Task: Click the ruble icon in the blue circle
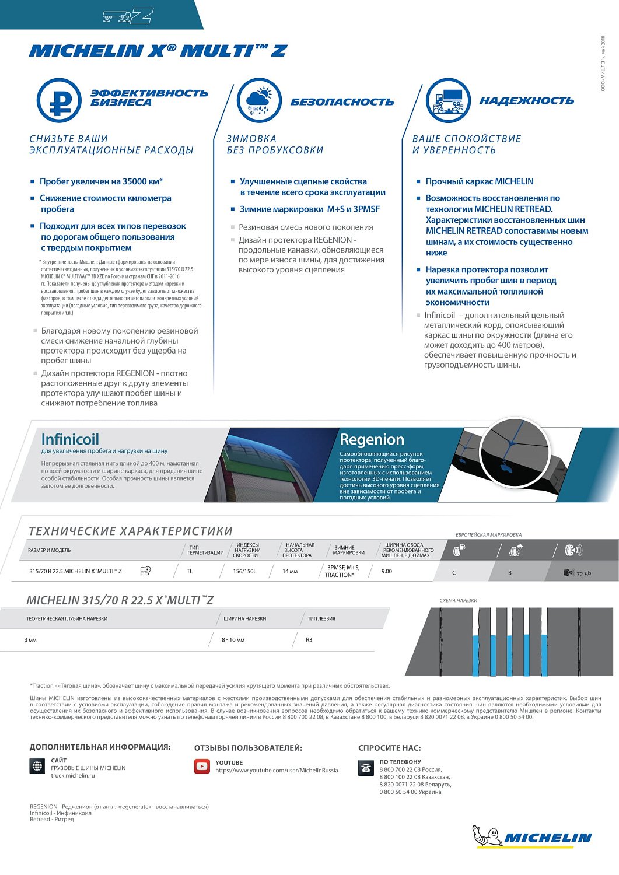tap(59, 101)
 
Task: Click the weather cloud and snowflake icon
tap(259, 101)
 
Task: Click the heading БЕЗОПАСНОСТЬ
tap(342, 102)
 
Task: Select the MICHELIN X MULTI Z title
tap(158, 51)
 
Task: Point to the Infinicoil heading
tap(70, 439)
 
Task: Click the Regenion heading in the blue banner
tap(372, 439)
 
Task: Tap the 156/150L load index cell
tap(244, 571)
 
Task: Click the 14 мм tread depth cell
tap(290, 571)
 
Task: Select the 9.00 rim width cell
tap(387, 571)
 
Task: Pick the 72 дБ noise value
tap(583, 573)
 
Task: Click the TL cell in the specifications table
tap(190, 571)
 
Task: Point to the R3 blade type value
tap(309, 640)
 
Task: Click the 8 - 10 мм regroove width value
tap(233, 640)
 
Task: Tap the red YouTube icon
tap(202, 766)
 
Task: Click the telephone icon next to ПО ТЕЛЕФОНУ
tap(366, 768)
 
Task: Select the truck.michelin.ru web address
tap(73, 776)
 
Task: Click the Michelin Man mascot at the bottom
tap(487, 836)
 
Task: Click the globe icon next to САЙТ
tap(37, 766)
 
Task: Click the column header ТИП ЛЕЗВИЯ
tap(321, 618)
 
